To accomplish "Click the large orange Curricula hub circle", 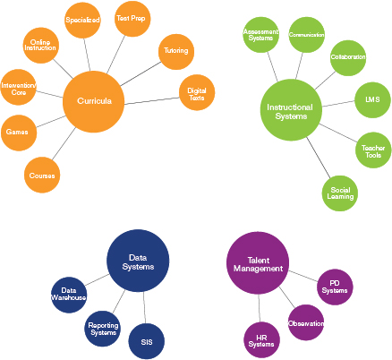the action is click(93, 101).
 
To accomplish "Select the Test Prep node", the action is click(132, 19).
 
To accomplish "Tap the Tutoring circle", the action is click(176, 52).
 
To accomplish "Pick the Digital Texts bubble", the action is click(197, 92).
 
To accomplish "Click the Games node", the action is click(19, 133).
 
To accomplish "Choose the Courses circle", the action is click(42, 175).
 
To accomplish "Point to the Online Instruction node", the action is click(41, 46).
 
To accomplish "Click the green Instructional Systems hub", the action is click(291, 110).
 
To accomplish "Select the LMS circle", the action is click(372, 100).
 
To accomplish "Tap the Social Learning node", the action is click(340, 193).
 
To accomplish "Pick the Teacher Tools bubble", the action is click(373, 150).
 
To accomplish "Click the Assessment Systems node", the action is click(261, 35).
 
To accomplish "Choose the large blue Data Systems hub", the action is click(138, 261).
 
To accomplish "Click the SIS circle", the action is click(147, 341).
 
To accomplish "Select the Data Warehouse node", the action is click(69, 295).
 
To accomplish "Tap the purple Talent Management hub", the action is click(258, 263).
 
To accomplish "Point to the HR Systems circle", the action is click(262, 340).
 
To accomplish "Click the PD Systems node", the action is click(335, 287).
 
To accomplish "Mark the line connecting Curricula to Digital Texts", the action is click(152, 101).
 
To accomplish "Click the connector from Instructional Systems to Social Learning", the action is click(319, 158).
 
